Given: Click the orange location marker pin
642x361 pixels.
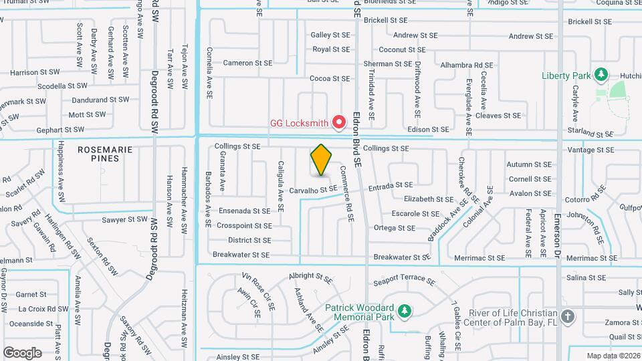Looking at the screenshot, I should click(x=322, y=160).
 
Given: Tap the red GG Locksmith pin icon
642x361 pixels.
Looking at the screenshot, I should click(x=339, y=122).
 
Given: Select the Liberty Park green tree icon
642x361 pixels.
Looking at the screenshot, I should click(x=601, y=74).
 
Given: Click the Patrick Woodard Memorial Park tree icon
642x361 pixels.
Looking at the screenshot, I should click(x=404, y=311).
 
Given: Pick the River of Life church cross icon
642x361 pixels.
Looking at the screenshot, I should click(x=568, y=316).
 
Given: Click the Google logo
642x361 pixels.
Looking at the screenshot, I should click(x=22, y=352).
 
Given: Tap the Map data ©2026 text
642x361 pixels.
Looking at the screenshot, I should click(x=613, y=356).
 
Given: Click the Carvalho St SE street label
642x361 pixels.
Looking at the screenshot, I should click(x=313, y=190).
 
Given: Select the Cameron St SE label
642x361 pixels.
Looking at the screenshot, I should click(x=247, y=63).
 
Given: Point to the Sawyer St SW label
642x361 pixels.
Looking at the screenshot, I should click(x=124, y=219).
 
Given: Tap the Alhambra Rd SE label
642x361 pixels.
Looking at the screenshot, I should click(x=467, y=66).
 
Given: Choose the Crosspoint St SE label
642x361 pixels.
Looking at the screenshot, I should click(x=243, y=225).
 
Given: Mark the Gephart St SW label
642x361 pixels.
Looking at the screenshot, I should click(x=61, y=130).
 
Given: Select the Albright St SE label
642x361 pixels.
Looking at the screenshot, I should click(x=310, y=275).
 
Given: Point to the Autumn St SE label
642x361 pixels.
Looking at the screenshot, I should click(x=529, y=164).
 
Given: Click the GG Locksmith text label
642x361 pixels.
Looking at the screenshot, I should click(x=299, y=123).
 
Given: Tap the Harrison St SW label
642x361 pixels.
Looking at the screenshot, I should click(x=33, y=72).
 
